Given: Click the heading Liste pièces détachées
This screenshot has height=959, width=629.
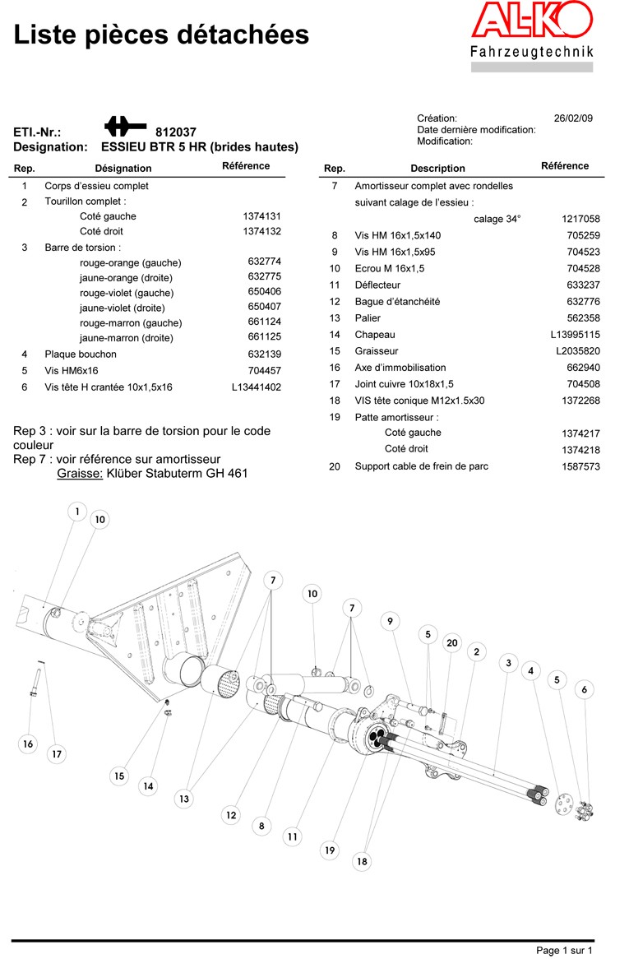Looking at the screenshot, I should [162, 35].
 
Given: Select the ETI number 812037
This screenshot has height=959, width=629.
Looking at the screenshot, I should [176, 132].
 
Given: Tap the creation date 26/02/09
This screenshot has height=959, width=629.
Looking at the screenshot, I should [573, 118].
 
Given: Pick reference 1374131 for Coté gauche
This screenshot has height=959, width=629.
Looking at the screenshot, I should [262, 216].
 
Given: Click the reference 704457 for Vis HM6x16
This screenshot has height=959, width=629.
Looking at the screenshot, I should [265, 371].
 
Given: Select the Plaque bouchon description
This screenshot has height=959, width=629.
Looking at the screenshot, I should [81, 354].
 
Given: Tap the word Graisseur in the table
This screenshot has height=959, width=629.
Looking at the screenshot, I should [377, 351].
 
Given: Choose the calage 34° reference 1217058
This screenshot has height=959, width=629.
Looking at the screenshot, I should [580, 219].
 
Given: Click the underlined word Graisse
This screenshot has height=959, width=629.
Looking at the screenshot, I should [80, 474].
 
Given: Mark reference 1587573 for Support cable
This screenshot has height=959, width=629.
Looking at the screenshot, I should [580, 467].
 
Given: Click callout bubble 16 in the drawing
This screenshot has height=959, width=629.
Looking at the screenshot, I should [29, 744].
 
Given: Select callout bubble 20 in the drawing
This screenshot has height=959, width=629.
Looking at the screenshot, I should [451, 642].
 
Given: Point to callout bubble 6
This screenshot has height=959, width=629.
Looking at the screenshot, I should [585, 689].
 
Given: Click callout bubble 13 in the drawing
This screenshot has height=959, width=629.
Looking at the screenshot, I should [184, 799].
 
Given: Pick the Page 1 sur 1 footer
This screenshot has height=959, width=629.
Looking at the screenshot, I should [564, 950].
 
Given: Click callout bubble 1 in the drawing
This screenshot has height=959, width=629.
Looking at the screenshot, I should [77, 512].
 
